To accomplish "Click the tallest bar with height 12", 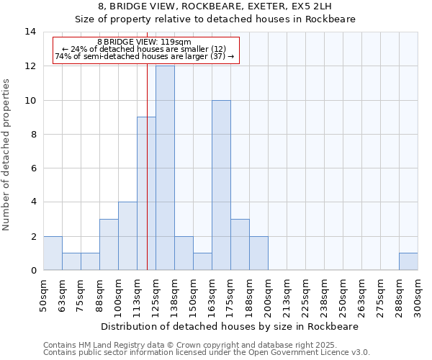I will [x=165, y=168].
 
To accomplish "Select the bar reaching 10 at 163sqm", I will [x=221, y=185].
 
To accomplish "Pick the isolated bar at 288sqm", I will [x=408, y=261].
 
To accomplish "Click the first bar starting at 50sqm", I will [x=53, y=253].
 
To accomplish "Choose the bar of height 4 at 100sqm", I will [x=127, y=235].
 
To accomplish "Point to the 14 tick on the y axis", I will [x=30, y=32].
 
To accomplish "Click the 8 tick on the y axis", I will [x=32, y=134].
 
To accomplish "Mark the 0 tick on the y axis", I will [x=32, y=270].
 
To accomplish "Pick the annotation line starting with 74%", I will [x=145, y=56].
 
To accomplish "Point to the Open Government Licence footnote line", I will [x=207, y=353].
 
